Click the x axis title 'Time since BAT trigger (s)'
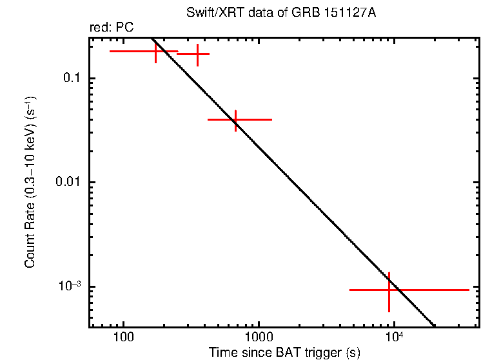click(284, 353)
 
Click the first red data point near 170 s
click(156, 51)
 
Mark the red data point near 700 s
click(235, 119)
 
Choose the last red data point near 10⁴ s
click(389, 290)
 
